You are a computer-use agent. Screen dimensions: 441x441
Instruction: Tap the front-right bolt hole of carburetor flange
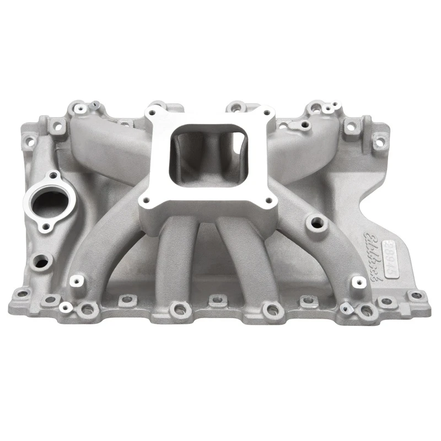point(270,201)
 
